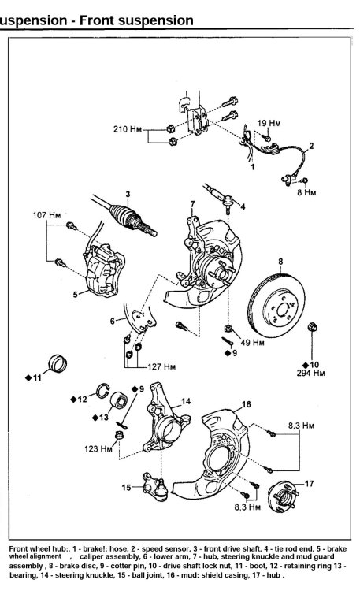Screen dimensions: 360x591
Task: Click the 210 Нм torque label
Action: tap(128, 129)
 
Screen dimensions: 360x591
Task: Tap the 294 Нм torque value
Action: tap(310, 374)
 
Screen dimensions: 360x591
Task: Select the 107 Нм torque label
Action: tap(46, 215)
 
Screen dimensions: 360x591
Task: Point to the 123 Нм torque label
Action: tap(98, 449)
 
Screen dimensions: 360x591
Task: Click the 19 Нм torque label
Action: tap(269, 123)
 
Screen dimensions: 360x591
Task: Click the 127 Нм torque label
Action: tap(161, 366)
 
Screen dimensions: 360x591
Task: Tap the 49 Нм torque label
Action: tap(253, 343)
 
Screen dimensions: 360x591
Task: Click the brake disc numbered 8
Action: tap(277, 304)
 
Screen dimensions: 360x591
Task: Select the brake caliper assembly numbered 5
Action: tap(102, 269)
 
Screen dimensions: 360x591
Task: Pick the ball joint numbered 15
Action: tap(155, 487)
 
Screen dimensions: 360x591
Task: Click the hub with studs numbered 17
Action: tap(283, 497)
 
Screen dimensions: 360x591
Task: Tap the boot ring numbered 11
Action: tap(58, 363)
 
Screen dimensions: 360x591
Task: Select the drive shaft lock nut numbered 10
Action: tap(313, 327)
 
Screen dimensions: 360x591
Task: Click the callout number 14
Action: tap(186, 401)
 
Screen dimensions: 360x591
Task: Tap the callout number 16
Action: tap(246, 404)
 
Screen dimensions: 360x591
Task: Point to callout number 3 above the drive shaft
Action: tap(128, 194)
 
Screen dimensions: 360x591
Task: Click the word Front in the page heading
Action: tap(98, 20)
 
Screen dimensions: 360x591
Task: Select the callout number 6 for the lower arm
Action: tap(113, 322)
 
